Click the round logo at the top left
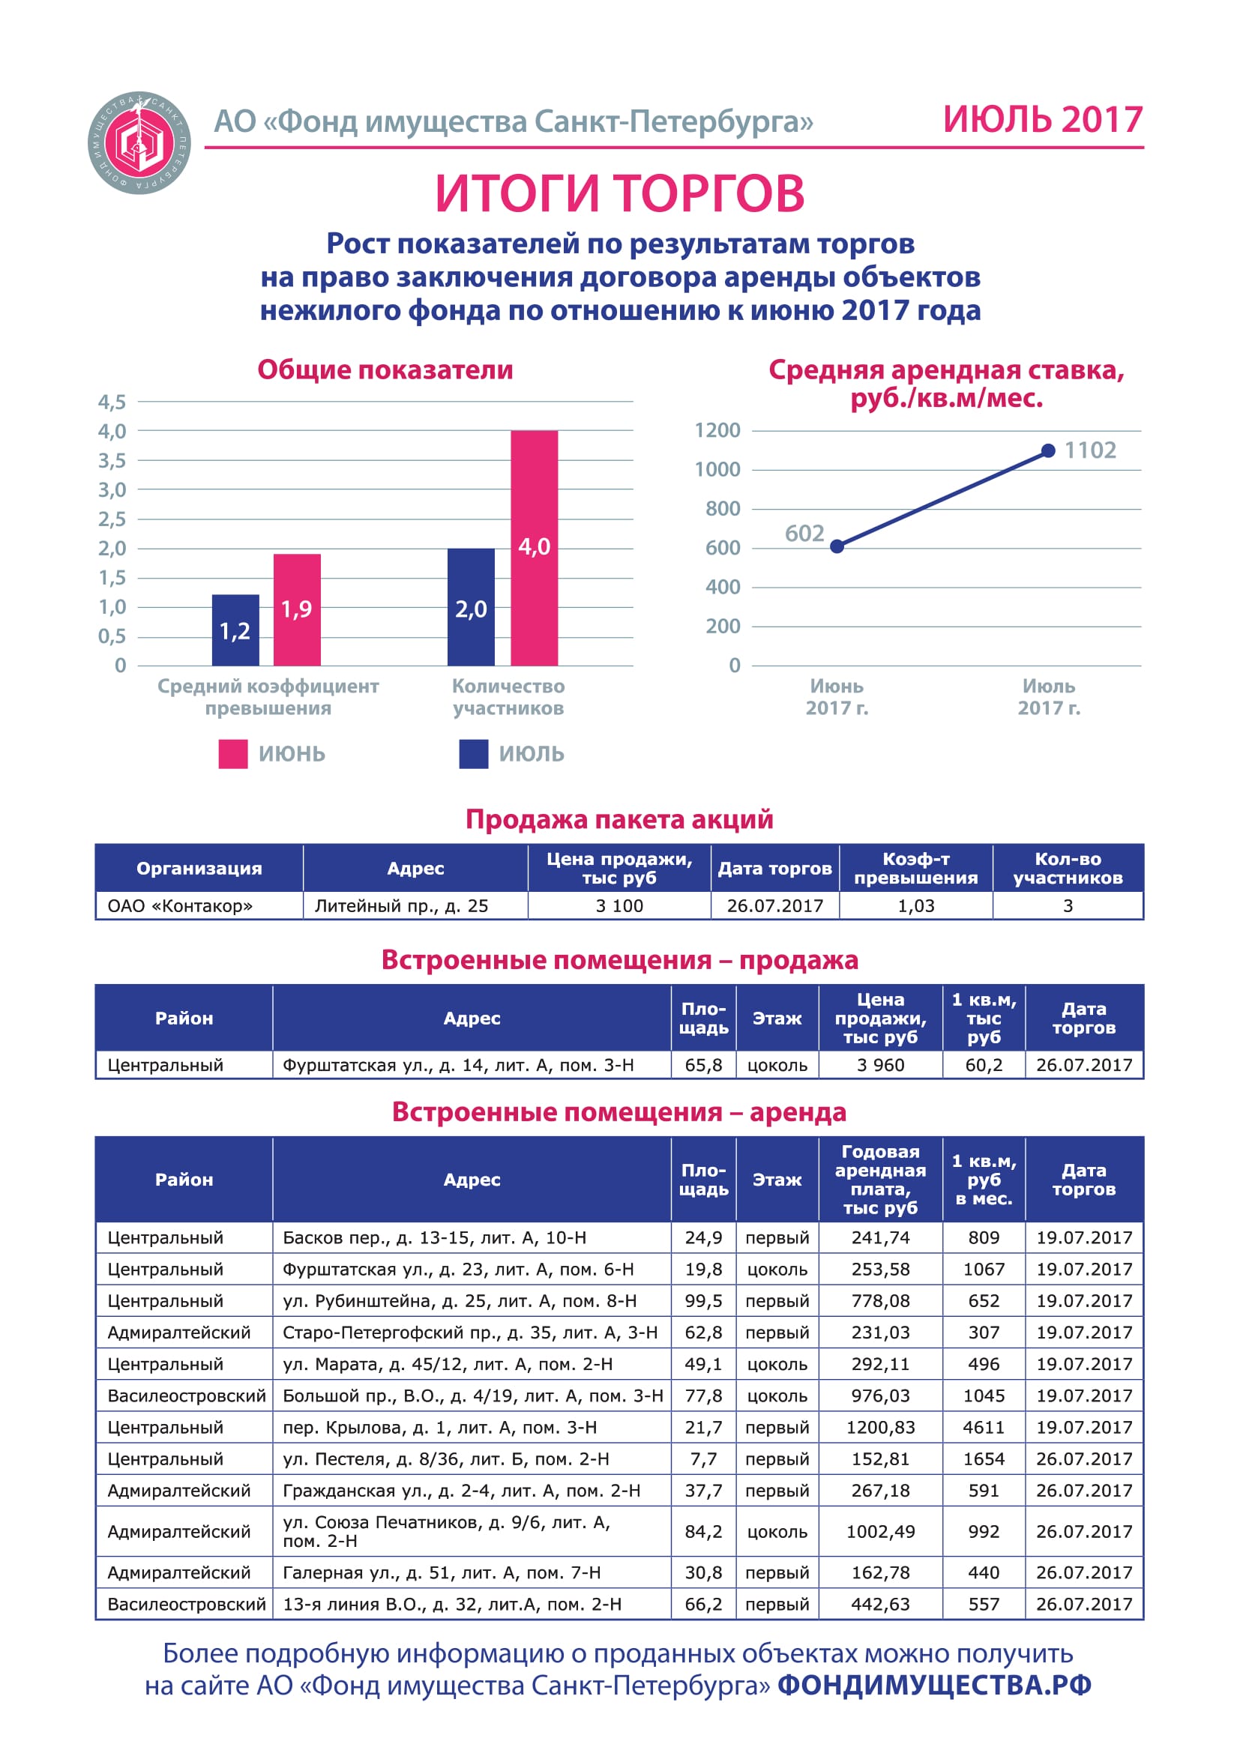[139, 143]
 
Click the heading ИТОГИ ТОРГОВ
[620, 193]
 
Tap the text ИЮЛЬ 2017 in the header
[1043, 120]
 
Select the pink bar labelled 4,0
[535, 548]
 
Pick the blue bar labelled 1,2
[235, 630]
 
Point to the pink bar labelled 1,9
[297, 610]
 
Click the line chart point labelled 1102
[1048, 451]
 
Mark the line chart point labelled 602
[837, 546]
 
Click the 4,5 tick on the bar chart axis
[112, 402]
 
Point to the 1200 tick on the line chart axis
[717, 431]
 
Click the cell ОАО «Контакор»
[180, 905]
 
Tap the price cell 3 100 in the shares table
[619, 905]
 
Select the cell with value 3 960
[880, 1065]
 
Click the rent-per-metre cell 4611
[984, 1427]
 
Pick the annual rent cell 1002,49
[880, 1532]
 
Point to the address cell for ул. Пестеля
[446, 1459]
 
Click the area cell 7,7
[703, 1459]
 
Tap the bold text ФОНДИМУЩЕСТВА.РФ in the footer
[935, 1685]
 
